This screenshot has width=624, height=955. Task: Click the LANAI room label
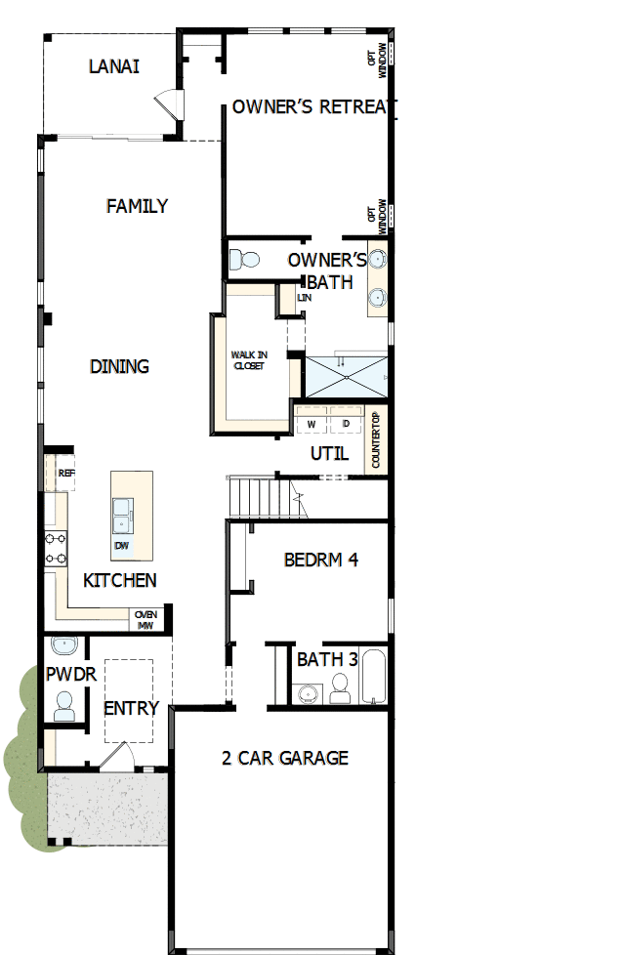(x=113, y=67)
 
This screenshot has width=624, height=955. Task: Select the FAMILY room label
(x=137, y=206)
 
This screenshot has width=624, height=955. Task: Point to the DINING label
(x=119, y=367)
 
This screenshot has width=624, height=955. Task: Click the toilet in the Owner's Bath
(x=243, y=260)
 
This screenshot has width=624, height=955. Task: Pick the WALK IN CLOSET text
(x=248, y=360)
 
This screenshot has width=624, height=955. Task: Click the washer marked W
(x=312, y=424)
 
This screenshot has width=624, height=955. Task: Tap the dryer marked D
(x=345, y=424)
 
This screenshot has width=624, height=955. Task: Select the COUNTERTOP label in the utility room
(x=376, y=441)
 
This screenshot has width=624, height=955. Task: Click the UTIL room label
(x=329, y=454)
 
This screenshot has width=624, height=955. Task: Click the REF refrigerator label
(x=66, y=473)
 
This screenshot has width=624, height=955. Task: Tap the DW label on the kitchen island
(x=122, y=545)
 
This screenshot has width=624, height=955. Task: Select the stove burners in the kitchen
(x=55, y=548)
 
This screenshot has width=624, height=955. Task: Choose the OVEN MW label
(x=146, y=620)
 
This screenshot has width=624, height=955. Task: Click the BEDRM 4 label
(x=321, y=561)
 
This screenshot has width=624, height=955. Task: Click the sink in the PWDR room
(x=64, y=645)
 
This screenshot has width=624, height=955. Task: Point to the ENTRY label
(x=131, y=709)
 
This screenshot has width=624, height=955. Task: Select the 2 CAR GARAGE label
(x=284, y=758)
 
